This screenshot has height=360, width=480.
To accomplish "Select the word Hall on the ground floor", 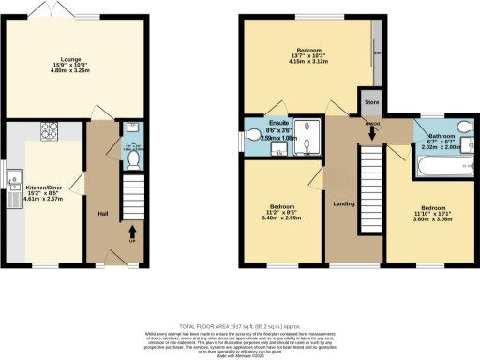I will [x=100, y=214].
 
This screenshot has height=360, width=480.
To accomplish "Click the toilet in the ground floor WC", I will [x=132, y=160].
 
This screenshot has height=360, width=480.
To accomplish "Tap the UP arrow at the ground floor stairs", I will [x=131, y=231].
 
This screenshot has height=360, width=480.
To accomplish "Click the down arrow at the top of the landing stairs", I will [x=372, y=134].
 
